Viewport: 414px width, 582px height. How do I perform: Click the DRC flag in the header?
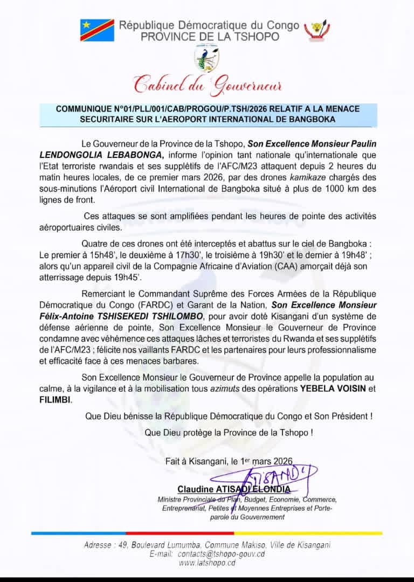[97, 30]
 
